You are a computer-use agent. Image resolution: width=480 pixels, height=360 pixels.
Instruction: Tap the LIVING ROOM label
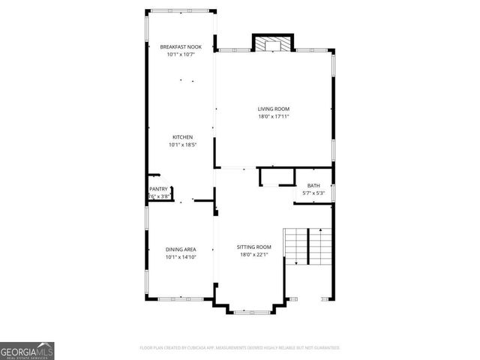273,109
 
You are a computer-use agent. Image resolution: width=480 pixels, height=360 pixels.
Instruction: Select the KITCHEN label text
182,136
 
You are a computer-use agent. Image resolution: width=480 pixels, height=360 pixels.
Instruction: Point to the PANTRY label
158,189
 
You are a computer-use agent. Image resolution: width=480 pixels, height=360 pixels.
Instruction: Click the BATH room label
313,186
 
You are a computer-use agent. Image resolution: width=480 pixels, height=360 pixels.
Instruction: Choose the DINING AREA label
181,249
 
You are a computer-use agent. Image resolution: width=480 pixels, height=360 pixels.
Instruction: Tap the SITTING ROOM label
254,247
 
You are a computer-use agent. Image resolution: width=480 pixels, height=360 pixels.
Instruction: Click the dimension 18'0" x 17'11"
273,116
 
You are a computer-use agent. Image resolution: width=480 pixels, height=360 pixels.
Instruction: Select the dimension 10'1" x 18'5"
182,144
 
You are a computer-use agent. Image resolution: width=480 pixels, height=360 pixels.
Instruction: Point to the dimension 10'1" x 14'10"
181,256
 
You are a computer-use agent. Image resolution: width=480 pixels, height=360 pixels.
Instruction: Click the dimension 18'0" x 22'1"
254,254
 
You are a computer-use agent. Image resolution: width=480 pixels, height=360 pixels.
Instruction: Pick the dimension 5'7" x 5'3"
313,193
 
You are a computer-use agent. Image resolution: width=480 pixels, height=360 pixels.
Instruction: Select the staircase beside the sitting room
307,245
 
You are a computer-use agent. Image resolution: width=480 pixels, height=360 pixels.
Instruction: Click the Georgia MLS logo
27,350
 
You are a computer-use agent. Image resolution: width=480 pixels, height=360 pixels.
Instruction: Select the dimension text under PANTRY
158,196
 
